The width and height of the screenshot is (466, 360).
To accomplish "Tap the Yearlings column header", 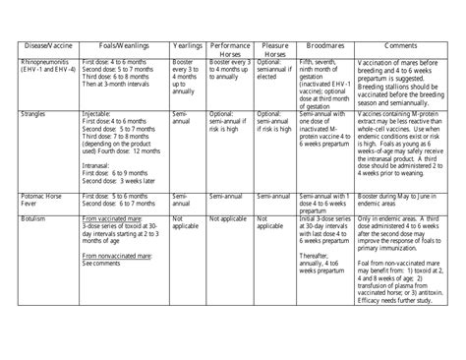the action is (187, 47).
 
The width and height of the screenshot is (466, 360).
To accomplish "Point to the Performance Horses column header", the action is (229, 50).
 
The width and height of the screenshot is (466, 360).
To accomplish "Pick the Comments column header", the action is (399, 47).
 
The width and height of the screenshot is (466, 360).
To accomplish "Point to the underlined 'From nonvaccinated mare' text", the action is (118, 257).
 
